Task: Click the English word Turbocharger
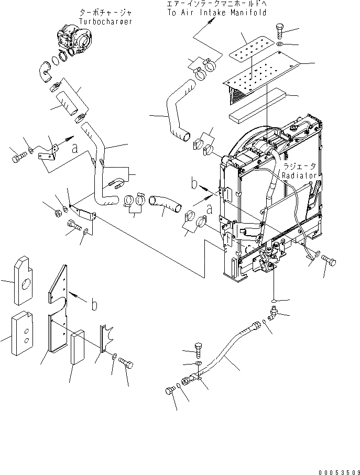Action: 105,21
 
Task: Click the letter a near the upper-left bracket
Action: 75,148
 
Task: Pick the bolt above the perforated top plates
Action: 279,29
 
